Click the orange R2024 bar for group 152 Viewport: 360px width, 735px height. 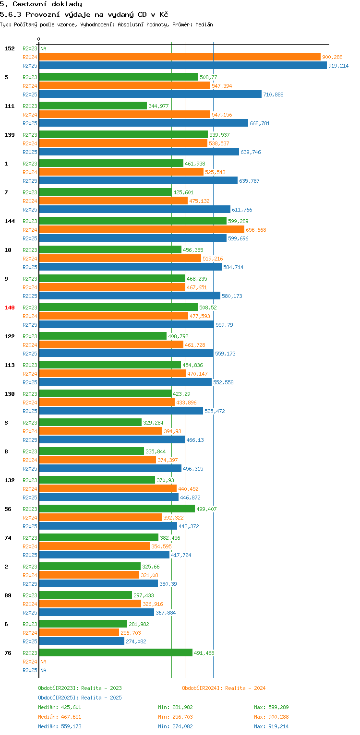(x=180, y=57)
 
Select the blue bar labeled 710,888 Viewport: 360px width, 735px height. (x=150, y=94)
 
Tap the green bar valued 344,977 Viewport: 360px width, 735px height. (x=93, y=106)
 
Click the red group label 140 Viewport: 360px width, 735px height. (x=10, y=308)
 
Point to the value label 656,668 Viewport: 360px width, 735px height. (x=256, y=230)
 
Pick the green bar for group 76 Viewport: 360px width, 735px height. (x=115, y=652)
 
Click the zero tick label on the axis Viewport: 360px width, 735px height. (x=39, y=39)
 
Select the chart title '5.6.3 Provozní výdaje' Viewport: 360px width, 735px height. (x=84, y=14)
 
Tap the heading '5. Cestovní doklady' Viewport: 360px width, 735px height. (x=41, y=4)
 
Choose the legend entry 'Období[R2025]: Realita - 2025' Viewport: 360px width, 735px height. (x=80, y=698)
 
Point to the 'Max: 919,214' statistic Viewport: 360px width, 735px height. (x=271, y=726)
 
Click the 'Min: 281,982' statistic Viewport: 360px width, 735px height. (x=175, y=707)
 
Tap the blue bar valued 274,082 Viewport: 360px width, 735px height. (x=82, y=641)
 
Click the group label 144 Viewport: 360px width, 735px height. (x=10, y=221)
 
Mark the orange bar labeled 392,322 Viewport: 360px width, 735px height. (x=100, y=517)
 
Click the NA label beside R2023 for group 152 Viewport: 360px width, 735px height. (x=43, y=48)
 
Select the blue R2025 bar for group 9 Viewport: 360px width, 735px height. (x=130, y=296)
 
